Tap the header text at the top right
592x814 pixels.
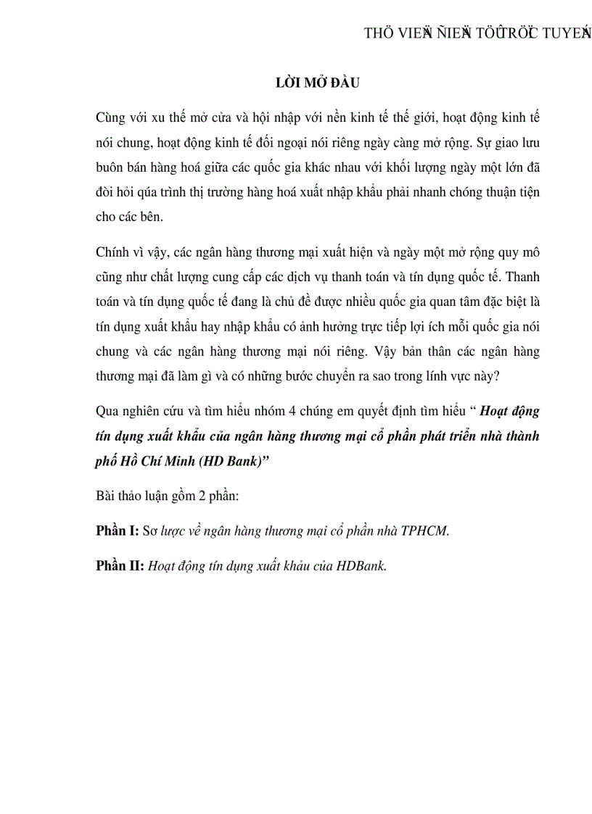(x=477, y=33)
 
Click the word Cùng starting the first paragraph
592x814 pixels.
(x=110, y=117)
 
